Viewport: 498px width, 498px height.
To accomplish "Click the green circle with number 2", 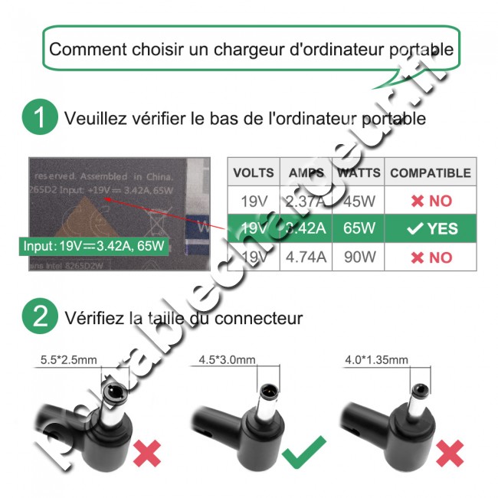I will [x=39, y=316].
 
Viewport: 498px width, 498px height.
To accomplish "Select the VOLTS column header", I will [x=254, y=173].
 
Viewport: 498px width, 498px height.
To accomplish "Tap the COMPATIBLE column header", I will [x=430, y=173].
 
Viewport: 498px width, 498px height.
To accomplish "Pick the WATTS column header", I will [x=359, y=173].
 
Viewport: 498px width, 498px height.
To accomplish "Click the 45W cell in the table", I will [x=359, y=201].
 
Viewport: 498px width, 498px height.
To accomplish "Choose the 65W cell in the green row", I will [x=359, y=228].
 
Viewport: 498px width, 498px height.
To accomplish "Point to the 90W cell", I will [x=359, y=257].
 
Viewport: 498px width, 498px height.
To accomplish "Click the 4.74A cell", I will [x=306, y=257].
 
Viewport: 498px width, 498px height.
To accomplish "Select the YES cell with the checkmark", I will [x=430, y=228].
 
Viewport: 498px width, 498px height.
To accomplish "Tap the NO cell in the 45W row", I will [x=430, y=201].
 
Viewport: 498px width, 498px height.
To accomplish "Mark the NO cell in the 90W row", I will [x=430, y=257].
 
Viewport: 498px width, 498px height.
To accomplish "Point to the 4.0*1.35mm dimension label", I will [x=378, y=359].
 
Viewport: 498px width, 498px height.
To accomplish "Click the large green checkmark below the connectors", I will [x=304, y=451].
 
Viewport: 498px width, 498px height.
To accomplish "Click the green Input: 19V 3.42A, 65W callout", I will [x=95, y=247].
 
